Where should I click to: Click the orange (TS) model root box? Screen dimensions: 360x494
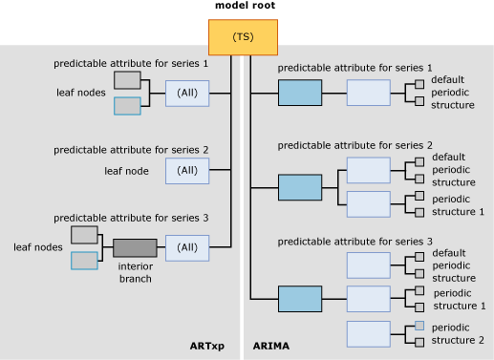243,37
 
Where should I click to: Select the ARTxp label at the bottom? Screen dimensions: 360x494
207,346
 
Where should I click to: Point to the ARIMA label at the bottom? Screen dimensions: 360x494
270,346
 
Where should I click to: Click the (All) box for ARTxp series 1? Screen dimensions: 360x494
187,93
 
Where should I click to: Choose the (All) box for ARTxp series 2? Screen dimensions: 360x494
187,170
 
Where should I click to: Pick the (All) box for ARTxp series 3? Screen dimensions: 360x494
187,247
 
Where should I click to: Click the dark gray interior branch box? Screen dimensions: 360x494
135,248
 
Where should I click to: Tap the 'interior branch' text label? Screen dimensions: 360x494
135,272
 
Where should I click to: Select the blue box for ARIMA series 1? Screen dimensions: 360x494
300,93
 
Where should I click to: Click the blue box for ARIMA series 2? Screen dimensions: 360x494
300,187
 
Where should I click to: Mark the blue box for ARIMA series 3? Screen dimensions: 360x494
300,299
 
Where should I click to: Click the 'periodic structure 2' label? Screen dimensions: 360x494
459,333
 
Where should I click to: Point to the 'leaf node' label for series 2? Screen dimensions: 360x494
126,171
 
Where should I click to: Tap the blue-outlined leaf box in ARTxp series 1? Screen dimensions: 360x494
127,106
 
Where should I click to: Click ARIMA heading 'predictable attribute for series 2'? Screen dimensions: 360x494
354,144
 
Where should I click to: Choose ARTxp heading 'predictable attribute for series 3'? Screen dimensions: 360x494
131,218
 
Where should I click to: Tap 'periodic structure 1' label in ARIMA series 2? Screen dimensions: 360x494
459,204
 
